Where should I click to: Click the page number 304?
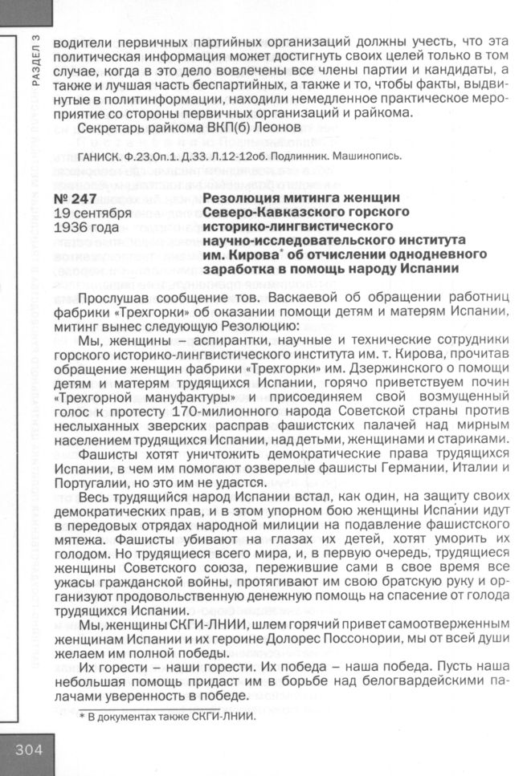coord(27,753)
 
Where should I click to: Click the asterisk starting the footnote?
coord(82,717)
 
